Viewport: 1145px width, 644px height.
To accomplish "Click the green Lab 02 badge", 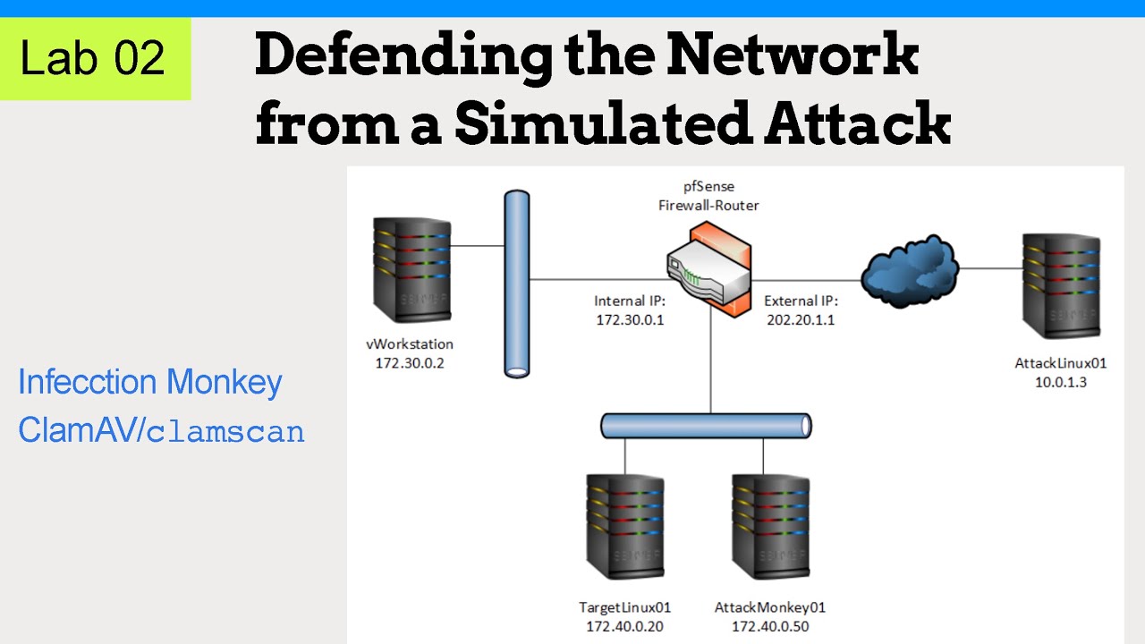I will coord(95,58).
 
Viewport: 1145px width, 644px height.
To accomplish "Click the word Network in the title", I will coord(793,55).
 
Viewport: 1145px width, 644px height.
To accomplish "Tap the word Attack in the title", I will coord(857,123).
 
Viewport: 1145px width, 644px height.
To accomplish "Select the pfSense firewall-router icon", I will coord(709,270).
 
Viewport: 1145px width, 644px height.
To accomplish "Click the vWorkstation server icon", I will coord(410,271).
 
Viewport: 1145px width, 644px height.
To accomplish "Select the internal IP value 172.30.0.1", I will coord(630,319).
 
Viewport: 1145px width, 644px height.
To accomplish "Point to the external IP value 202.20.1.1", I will coord(801,319).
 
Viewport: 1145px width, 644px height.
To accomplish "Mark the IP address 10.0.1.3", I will coord(1061,382).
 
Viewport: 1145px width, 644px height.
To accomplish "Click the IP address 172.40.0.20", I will coord(624,626).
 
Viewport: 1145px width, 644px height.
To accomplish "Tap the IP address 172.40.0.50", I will coord(769,626).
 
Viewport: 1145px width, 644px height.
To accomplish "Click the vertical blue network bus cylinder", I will coord(516,284).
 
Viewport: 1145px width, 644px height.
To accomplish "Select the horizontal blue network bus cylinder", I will coord(706,426).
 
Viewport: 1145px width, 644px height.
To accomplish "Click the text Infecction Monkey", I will coord(150,383).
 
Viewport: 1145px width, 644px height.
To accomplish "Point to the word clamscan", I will coord(225,433).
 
